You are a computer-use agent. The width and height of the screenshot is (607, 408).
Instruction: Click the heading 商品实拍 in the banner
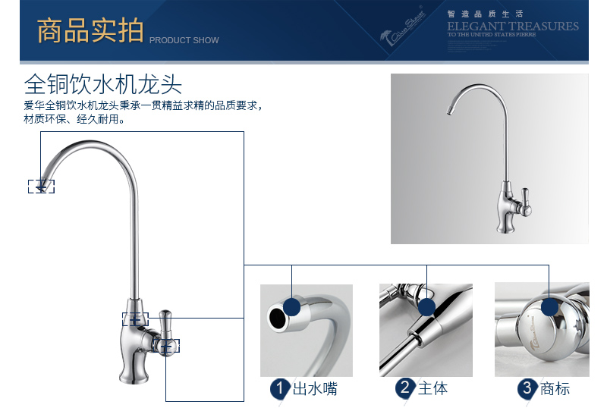point(90,32)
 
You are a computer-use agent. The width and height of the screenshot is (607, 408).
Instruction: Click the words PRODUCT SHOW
point(184,40)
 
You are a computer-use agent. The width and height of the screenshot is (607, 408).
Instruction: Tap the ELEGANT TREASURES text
point(512,27)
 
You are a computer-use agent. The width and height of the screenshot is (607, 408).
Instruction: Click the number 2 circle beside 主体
point(405,388)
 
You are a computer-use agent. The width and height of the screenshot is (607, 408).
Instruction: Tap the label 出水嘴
point(315,388)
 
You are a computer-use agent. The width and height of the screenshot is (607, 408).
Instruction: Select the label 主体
point(432,388)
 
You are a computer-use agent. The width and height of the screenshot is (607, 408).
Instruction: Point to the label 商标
point(555,388)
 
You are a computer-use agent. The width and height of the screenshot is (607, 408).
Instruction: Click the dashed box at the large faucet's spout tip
point(41,186)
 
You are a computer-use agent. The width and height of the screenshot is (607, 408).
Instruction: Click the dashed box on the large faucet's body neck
point(135,319)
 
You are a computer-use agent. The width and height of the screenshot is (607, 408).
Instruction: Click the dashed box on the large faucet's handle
point(167,346)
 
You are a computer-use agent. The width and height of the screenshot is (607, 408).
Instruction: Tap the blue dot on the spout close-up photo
point(292,307)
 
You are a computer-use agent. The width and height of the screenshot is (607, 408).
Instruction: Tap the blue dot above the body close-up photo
point(426,307)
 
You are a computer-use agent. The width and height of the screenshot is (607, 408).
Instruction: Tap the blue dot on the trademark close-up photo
point(549,307)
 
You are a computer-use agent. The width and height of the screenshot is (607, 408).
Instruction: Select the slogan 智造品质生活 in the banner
point(474,14)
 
